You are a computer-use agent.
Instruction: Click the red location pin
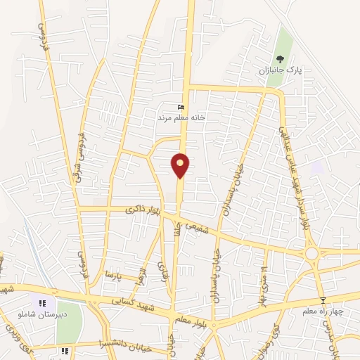[x=181, y=165]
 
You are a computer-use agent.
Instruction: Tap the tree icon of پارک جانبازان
[x=281, y=59]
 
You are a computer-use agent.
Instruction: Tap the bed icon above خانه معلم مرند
[x=181, y=107]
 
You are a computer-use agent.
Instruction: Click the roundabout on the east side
[x=311, y=252]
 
